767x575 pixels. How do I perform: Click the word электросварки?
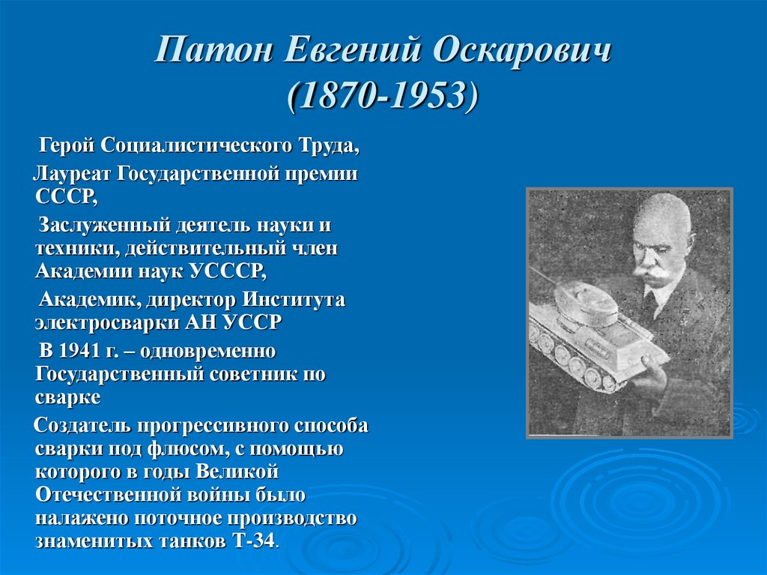pos(104,322)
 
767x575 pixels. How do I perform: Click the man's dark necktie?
pos(651,303)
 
